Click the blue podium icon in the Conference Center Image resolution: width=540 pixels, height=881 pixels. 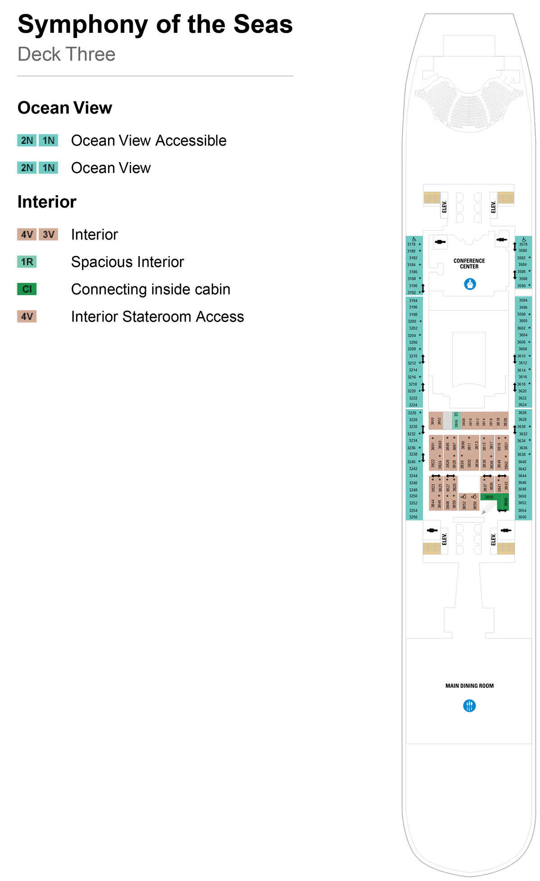[x=470, y=284]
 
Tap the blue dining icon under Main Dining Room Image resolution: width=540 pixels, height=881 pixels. [x=469, y=705]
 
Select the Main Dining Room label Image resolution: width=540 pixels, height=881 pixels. [x=469, y=686]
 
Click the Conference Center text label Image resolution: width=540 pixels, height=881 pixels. [x=469, y=263]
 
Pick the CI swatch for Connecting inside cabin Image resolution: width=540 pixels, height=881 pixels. [x=27, y=289]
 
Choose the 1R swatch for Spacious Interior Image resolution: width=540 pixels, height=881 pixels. [x=27, y=262]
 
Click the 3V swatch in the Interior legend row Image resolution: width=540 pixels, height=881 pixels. [x=48, y=234]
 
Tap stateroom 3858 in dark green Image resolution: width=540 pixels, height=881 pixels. [x=489, y=497]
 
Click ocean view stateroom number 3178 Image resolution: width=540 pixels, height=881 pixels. [x=411, y=245]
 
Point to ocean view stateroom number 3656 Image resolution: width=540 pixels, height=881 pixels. [x=522, y=517]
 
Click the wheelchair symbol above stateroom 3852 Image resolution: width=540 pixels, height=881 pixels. [x=463, y=496]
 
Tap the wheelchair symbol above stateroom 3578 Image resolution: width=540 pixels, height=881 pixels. [x=524, y=239]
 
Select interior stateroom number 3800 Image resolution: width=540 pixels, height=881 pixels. [x=432, y=421]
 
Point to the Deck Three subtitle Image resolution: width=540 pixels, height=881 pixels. [x=67, y=54]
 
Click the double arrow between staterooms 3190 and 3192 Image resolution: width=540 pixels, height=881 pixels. [x=423, y=288]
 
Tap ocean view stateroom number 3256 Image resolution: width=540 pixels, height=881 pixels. [x=413, y=517]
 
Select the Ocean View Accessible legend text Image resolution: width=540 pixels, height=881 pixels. [x=148, y=141]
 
